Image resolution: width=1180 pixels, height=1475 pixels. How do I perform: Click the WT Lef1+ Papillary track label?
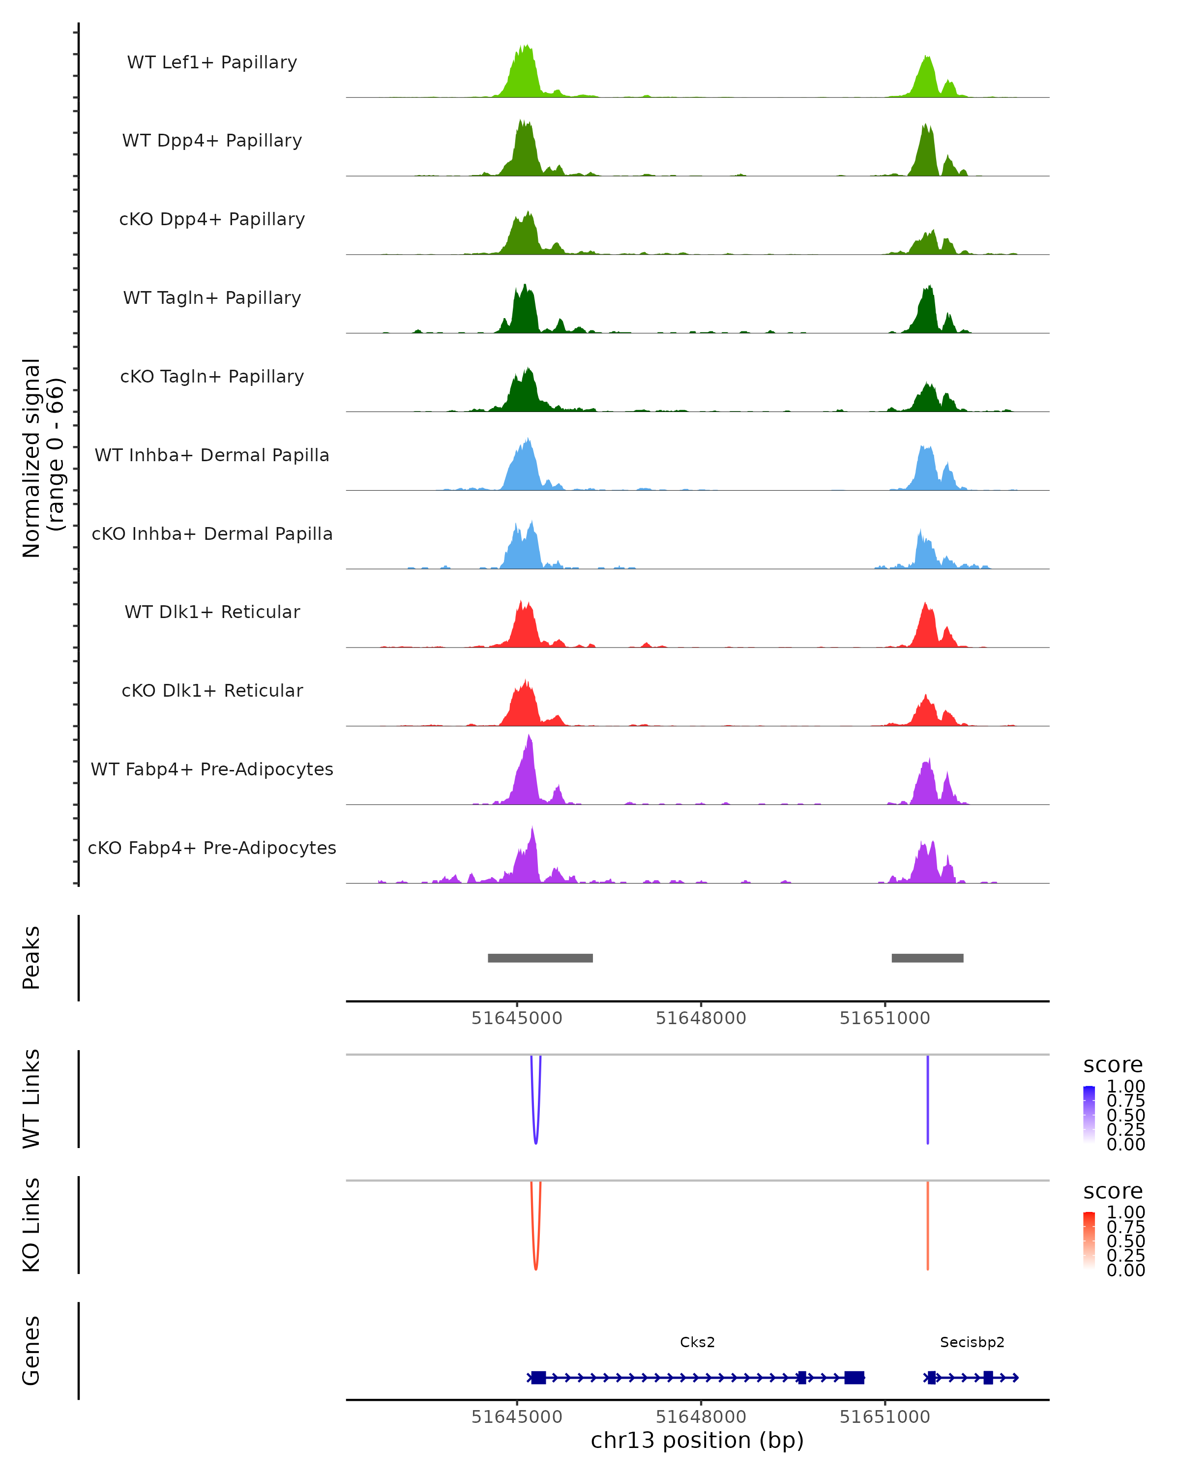pos(212,62)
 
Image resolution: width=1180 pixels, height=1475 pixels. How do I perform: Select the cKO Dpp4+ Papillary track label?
pos(212,220)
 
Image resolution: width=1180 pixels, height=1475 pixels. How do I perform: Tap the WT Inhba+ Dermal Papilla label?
pos(212,456)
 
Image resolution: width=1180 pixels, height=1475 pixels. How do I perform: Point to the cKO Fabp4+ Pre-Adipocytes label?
pos(212,848)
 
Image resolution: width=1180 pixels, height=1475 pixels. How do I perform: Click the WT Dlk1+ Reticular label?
pos(212,612)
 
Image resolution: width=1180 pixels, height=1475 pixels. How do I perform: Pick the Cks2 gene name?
pos(697,1342)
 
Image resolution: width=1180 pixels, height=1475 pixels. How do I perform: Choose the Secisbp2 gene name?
pos(972,1342)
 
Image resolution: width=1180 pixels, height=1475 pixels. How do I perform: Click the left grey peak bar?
pos(540,958)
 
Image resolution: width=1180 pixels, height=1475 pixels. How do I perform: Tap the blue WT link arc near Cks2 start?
pos(535,1141)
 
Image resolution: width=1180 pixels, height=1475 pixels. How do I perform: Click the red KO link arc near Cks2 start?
pos(535,1267)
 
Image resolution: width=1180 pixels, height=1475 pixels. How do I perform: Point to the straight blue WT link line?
pos(928,1101)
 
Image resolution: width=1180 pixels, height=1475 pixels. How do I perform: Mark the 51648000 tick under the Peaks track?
pos(701,1018)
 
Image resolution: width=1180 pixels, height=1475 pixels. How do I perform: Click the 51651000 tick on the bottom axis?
pos(885,1416)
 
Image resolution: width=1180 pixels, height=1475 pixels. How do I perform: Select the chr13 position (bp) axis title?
pos(697,1441)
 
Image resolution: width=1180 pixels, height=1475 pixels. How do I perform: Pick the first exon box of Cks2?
pos(538,1378)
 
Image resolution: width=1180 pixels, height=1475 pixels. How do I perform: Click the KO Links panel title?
pos(31,1225)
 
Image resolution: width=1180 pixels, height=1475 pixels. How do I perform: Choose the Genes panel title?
pos(31,1351)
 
